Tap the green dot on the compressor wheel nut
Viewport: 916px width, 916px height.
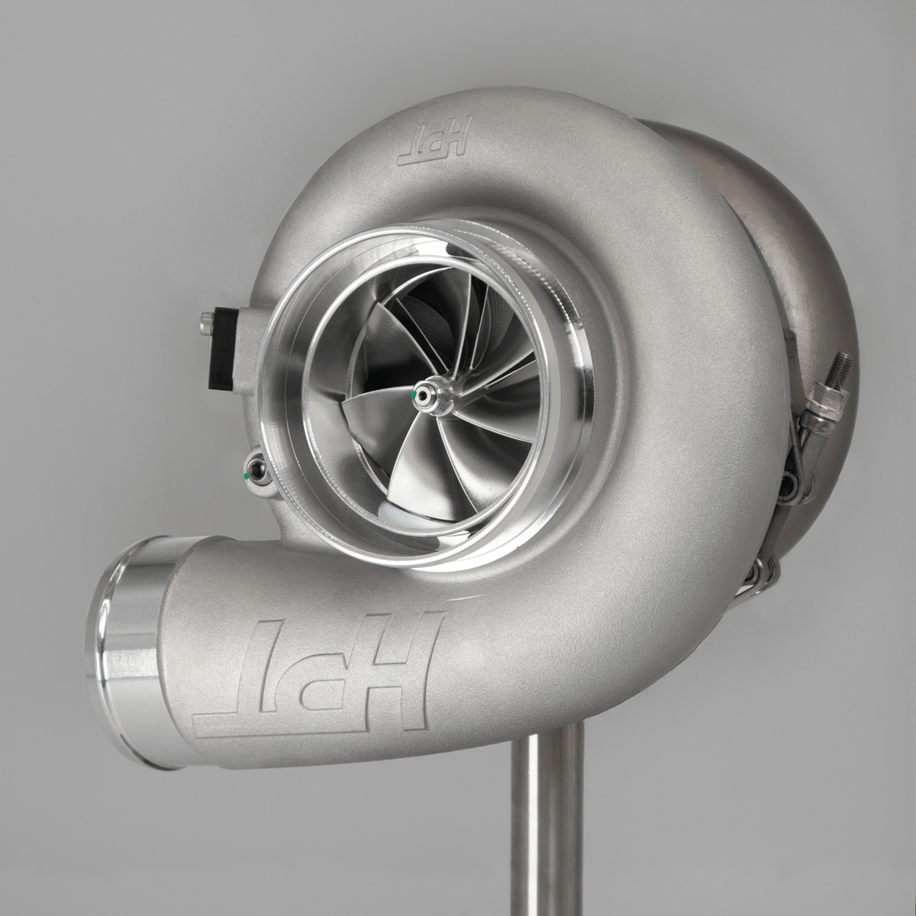[x=414, y=396]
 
